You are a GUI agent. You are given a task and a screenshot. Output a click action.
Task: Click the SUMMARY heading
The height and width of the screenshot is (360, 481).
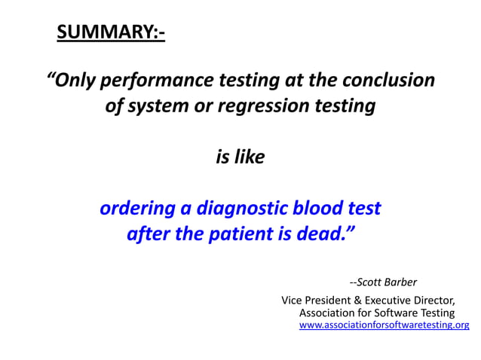point(111,33)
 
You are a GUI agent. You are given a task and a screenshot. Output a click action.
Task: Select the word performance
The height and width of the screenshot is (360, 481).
point(156,80)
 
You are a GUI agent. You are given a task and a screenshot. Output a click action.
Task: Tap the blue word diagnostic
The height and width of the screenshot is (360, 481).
point(235,208)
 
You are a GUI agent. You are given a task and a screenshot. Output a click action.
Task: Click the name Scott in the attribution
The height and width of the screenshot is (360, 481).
point(371,282)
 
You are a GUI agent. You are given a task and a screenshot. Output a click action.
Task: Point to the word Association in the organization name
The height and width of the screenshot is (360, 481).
point(330,313)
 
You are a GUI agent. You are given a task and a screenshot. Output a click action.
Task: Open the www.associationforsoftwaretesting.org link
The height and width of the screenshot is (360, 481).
point(384,325)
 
